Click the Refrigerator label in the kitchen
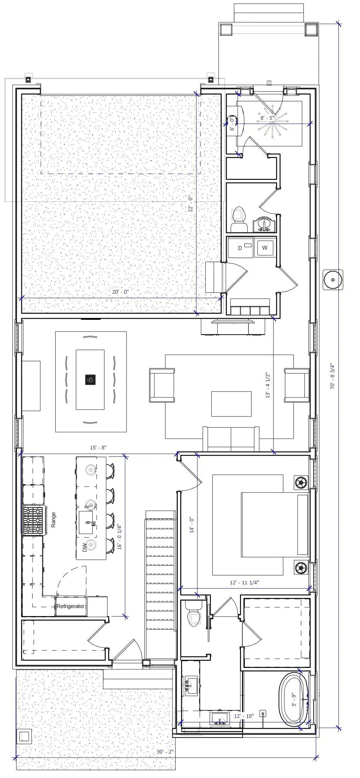(x=70, y=606)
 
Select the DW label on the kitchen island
(x=85, y=548)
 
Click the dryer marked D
(x=240, y=248)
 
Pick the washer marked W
(x=265, y=248)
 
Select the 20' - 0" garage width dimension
(x=120, y=292)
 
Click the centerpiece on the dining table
(x=90, y=380)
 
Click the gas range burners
(x=33, y=521)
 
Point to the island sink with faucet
(x=86, y=522)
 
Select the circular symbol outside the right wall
(x=333, y=280)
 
